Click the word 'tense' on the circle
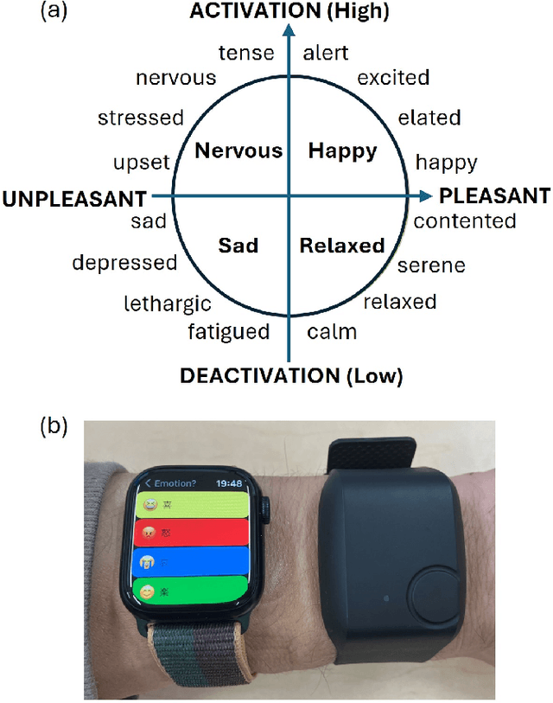coord(245,53)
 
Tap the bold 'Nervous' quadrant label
coord(238,151)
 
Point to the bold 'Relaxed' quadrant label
coord(341,246)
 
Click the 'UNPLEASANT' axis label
coord(73,199)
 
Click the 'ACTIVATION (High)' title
coord(289,11)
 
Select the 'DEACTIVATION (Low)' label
coord(290,376)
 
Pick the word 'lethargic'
coord(167,304)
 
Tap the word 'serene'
coord(430,265)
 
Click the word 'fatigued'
coord(229,331)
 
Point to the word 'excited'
coord(393,78)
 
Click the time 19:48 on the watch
coord(229,483)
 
